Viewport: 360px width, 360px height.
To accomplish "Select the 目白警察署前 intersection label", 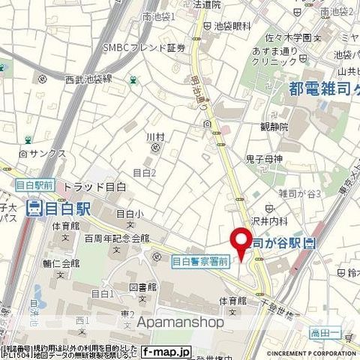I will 201,261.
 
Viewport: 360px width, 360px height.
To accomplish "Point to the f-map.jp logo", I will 166,351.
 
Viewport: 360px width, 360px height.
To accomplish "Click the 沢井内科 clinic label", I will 289,222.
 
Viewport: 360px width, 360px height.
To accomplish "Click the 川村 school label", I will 154,136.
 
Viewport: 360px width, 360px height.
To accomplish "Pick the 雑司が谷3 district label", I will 300,193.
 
